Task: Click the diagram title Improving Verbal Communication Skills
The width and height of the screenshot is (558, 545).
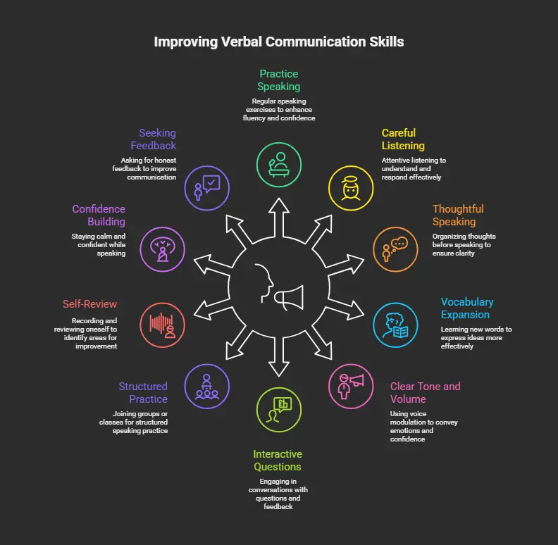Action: point(279,42)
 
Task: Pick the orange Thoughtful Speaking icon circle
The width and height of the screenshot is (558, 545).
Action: point(395,249)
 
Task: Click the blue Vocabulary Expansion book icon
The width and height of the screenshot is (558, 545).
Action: point(395,323)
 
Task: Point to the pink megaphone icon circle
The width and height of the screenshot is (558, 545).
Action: point(352,384)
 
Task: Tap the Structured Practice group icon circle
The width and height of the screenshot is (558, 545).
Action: point(206,385)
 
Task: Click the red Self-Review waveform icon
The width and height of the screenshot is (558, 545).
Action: point(163,323)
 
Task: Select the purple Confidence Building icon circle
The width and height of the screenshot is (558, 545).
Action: point(163,249)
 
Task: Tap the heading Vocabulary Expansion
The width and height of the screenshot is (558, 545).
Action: point(466,308)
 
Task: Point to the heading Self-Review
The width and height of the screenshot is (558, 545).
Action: point(89,304)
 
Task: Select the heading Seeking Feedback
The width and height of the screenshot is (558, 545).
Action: point(153,139)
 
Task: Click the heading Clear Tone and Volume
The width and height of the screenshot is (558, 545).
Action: point(425,392)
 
